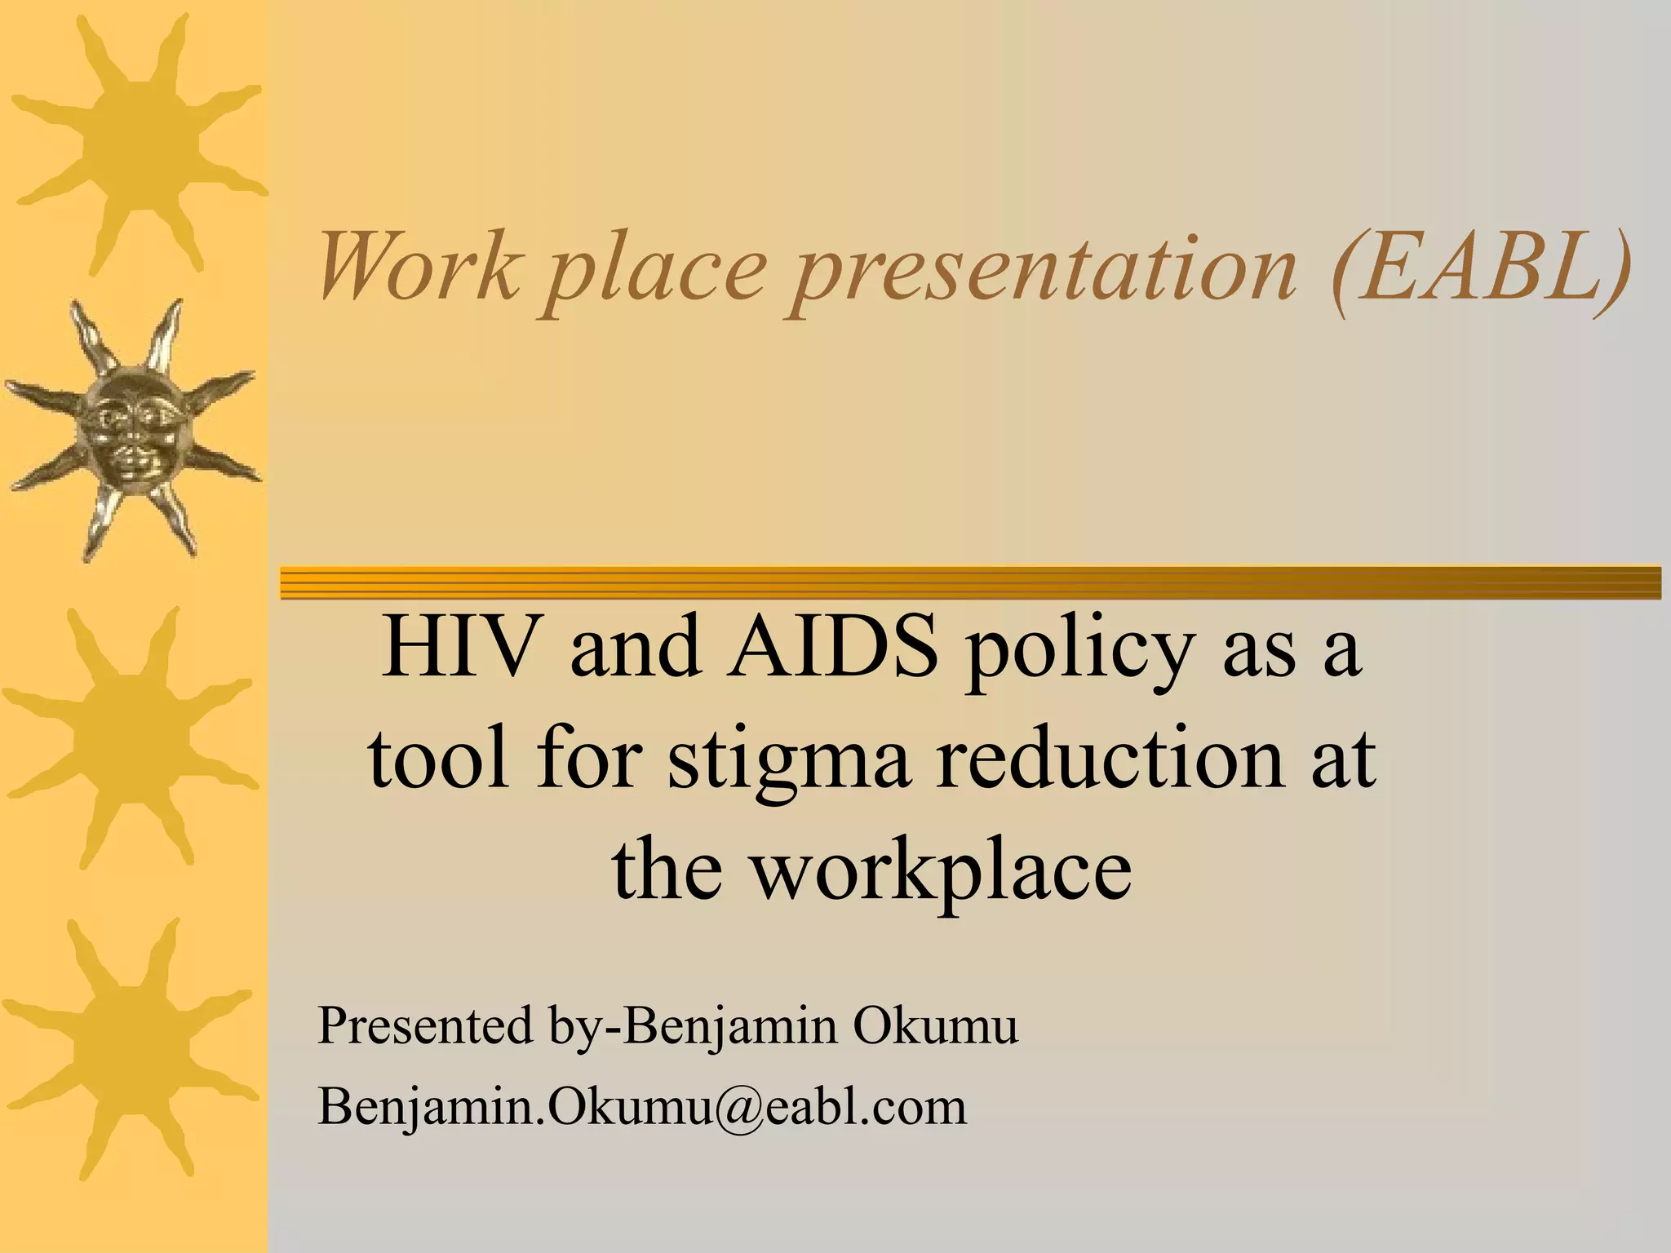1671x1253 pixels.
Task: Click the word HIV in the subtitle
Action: tap(464, 648)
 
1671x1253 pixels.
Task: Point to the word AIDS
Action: tap(833, 648)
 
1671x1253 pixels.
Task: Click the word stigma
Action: tap(788, 764)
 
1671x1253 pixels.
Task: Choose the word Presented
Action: tap(424, 1025)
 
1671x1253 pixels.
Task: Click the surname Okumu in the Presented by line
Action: tap(936, 1025)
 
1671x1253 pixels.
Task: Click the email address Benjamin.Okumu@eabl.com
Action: tap(641, 1107)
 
